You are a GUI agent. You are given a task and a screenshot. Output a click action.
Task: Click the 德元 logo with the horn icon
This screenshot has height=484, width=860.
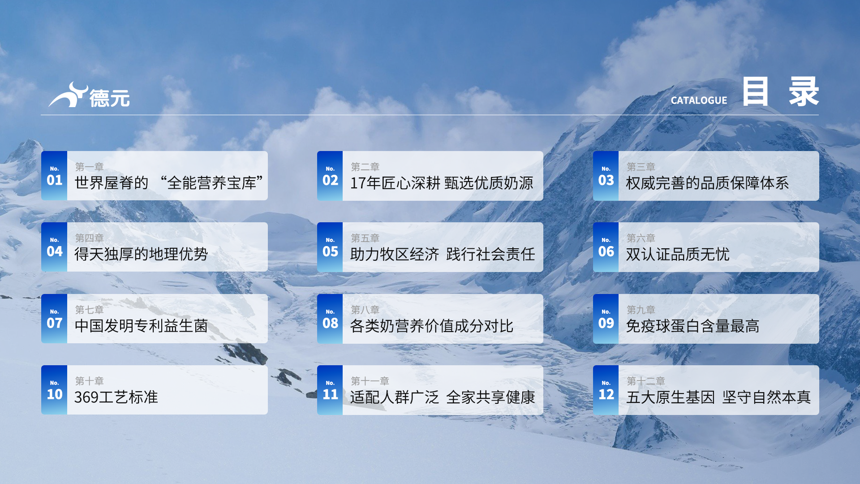(x=89, y=95)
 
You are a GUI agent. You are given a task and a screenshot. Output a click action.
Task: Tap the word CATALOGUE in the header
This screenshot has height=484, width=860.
(x=699, y=100)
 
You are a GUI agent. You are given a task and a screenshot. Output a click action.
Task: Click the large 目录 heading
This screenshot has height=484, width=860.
(x=781, y=91)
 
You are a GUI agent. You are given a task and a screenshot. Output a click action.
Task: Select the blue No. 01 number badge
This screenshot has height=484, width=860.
(x=54, y=176)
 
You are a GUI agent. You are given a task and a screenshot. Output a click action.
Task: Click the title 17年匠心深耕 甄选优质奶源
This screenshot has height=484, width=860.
(x=442, y=183)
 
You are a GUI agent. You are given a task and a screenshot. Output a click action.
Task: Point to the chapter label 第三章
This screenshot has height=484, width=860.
(x=641, y=167)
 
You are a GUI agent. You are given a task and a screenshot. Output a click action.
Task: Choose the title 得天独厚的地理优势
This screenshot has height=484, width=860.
(x=141, y=254)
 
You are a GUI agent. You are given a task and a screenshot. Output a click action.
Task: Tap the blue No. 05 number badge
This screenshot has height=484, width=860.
(x=330, y=247)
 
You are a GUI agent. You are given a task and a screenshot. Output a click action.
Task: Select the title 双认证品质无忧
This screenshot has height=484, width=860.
(x=678, y=254)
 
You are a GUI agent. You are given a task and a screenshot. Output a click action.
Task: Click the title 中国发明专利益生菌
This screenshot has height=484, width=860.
(x=141, y=326)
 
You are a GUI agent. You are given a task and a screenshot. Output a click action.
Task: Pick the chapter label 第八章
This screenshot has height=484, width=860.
(x=365, y=310)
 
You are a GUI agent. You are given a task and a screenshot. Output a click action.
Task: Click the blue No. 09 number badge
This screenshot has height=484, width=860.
(x=606, y=319)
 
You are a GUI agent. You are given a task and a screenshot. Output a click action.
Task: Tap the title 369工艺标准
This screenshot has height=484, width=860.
(x=116, y=397)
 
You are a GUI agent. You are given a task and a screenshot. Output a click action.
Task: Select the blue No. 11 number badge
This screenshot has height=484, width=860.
(x=330, y=390)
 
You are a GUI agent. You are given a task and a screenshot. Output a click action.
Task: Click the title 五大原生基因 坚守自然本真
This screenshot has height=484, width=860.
(x=718, y=397)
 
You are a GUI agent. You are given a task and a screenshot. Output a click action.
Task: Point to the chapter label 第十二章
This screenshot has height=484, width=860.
(x=645, y=381)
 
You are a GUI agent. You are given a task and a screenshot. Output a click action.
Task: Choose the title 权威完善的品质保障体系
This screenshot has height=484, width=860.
(x=707, y=183)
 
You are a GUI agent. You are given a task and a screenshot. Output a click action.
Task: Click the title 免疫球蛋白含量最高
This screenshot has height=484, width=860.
(x=692, y=326)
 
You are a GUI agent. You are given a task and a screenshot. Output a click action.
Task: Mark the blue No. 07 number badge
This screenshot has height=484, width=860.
(x=54, y=319)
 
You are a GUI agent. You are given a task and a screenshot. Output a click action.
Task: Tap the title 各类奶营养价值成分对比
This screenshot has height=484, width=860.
(x=432, y=326)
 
